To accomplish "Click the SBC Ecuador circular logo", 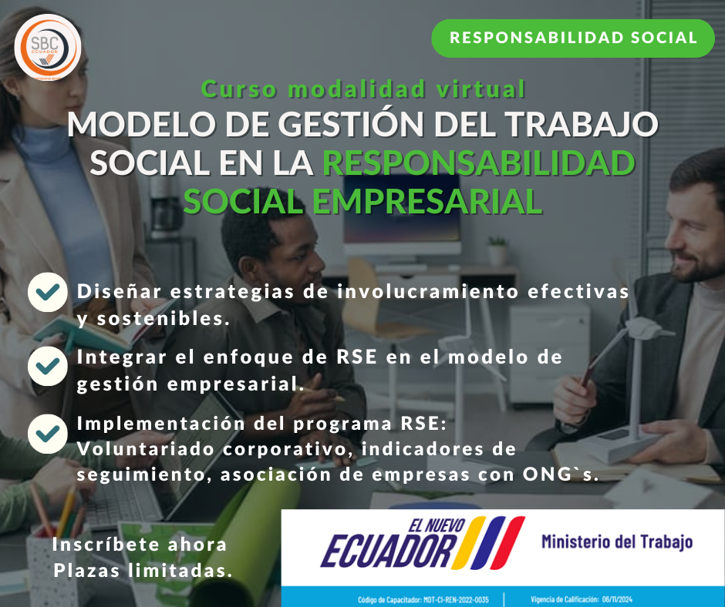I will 48,46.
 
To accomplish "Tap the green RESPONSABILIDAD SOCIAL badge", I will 572,38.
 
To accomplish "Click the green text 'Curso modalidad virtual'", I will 363,89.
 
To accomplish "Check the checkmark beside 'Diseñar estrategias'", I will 47,293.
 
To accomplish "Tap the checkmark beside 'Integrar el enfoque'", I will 47,365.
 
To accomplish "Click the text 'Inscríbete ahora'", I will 140,545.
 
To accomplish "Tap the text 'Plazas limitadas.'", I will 143,571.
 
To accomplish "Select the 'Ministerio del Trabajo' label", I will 616,542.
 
